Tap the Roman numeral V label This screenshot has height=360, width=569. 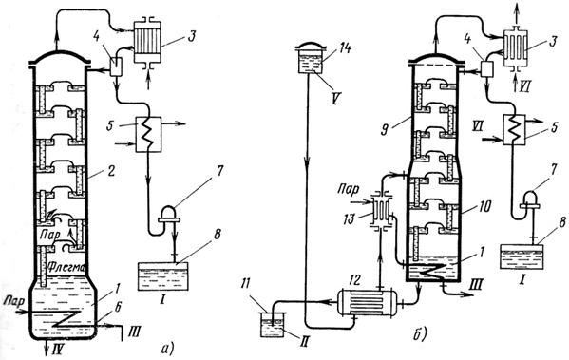coord(335,98)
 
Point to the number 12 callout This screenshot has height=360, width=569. coord(355,280)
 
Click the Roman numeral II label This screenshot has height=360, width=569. coord(306,340)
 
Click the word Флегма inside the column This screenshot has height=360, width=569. coord(66,268)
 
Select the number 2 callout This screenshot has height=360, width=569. coord(110,170)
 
